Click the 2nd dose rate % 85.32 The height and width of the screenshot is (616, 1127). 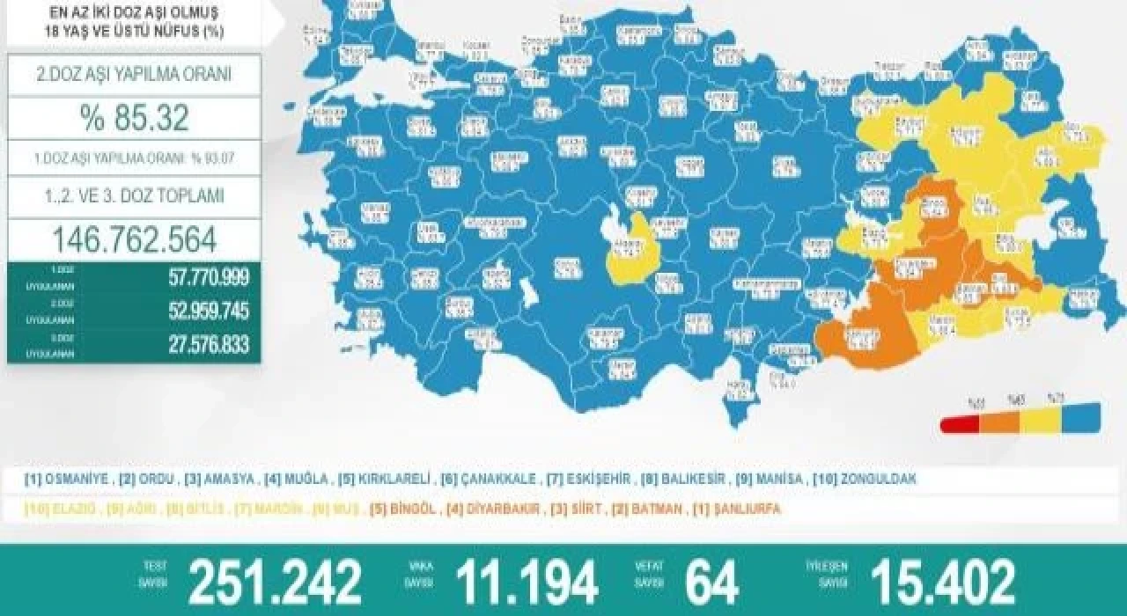point(135,118)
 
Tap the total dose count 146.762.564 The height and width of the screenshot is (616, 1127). point(135,239)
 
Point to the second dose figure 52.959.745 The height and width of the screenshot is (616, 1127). point(209,312)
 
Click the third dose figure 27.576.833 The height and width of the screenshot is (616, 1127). point(209,344)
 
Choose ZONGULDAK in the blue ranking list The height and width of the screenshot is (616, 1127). point(877,480)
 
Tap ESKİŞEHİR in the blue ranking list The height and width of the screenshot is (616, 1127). point(599,480)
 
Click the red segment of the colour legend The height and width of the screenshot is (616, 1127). point(961,425)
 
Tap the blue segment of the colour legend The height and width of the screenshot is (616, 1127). point(1079,417)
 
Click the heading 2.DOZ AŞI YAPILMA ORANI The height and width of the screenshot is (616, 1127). point(135,75)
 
